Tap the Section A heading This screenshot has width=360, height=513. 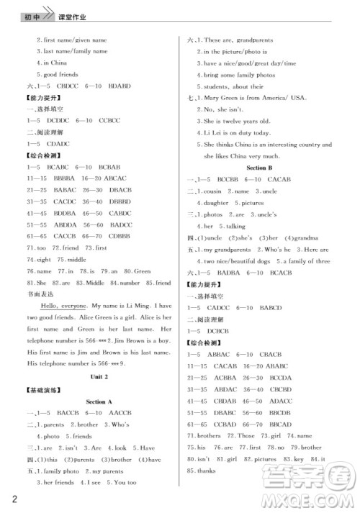pyautogui.click(x=99, y=401)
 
